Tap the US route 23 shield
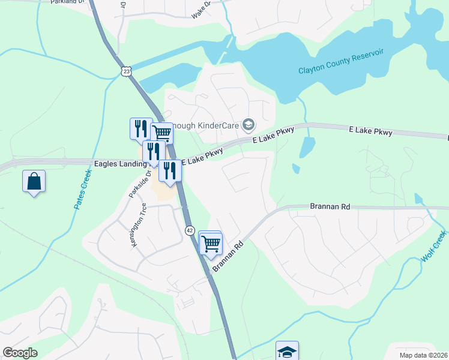point(126,71)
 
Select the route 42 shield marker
point(189,230)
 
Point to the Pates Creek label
point(83,190)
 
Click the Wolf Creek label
point(433,246)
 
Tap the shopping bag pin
point(34,181)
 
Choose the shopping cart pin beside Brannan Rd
point(211,244)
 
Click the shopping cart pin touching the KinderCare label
point(161,133)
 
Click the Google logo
point(20,352)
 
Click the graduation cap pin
point(287,351)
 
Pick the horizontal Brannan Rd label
point(330,206)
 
